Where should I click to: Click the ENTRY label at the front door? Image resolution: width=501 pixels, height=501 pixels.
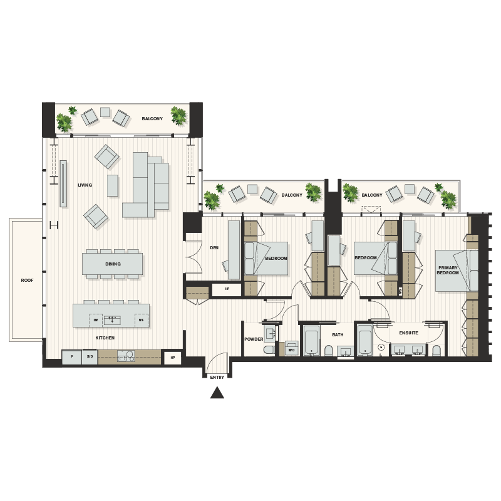coord(217,378)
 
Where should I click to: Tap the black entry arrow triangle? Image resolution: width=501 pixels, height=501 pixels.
coord(217,393)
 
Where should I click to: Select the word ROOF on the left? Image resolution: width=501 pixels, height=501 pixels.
coord(26,280)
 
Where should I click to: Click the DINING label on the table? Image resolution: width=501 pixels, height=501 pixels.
coord(113,264)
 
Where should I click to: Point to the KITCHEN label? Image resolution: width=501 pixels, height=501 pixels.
coord(105,338)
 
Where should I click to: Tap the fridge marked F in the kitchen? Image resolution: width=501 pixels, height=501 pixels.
coord(71,356)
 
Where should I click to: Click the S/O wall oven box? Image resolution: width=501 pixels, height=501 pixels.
coord(89,356)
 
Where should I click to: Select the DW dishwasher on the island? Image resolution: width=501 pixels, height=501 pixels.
coord(96,319)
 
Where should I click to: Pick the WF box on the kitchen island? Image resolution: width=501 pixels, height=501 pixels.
coord(141,319)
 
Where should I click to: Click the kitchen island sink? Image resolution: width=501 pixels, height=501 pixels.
coord(113,319)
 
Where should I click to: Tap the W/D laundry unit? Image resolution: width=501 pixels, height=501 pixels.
coord(291,349)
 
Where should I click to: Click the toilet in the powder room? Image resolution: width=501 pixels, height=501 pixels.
coord(268,349)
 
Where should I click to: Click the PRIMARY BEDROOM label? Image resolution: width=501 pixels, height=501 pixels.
coord(448,271)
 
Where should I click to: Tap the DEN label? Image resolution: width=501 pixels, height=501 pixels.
coord(214,247)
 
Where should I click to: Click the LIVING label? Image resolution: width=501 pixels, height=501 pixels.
coord(85,185)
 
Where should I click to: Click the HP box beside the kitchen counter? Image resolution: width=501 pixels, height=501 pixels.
coord(172,358)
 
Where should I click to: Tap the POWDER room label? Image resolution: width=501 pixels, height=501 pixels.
coord(253,339)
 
